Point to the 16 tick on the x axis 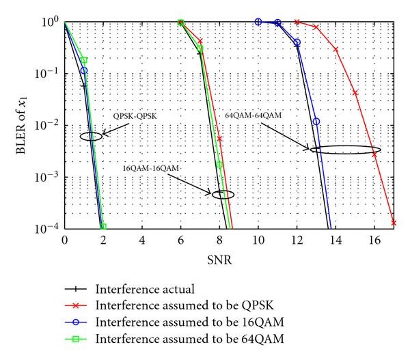pos(374,240)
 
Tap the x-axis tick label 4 pos(141,240)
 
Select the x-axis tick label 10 pos(258,240)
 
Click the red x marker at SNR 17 pos(394,222)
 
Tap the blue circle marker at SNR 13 pos(316,122)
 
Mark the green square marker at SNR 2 pos(102,227)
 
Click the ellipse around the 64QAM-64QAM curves pos(345,150)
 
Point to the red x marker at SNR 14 pos(336,49)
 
